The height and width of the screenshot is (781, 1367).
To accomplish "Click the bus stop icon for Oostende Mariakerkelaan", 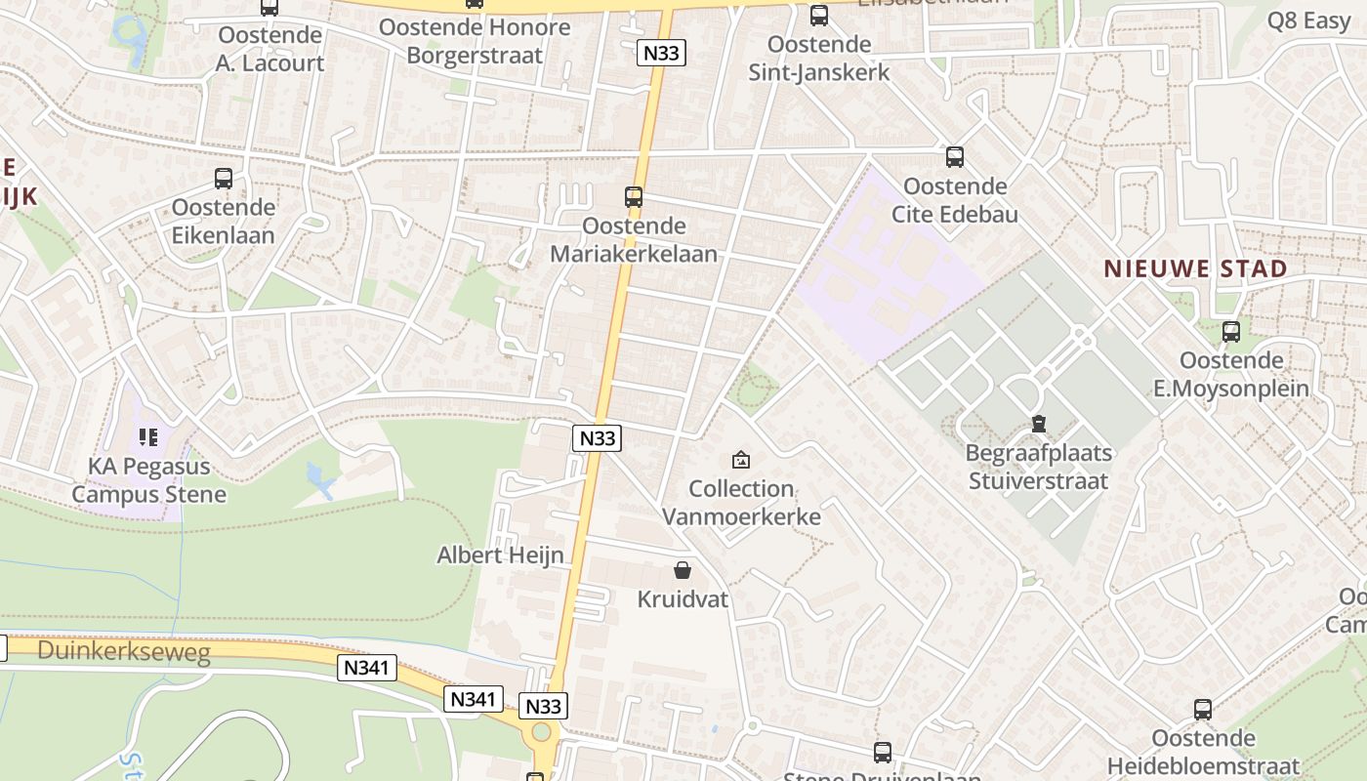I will tap(634, 197).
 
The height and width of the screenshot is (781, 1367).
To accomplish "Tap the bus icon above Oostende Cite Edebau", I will tap(955, 157).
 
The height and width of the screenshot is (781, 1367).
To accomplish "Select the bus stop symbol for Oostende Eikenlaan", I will tap(224, 179).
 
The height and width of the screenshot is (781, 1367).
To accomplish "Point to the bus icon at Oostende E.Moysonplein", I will tap(1231, 332).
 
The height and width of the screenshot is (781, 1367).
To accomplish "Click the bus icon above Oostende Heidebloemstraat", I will tap(1203, 710).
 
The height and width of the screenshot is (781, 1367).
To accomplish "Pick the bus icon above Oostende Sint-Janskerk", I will tap(819, 16).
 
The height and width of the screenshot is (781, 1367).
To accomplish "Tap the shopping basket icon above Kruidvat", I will tap(683, 570).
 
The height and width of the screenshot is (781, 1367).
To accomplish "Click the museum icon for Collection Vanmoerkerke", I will tap(741, 460).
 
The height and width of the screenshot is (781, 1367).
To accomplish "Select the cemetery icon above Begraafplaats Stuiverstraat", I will tap(1038, 425).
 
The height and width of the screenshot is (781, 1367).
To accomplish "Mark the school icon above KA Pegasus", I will tap(148, 437).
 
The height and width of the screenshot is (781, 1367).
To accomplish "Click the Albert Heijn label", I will tap(500, 555).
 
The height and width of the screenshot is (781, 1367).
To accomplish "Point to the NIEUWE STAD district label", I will tap(1195, 268).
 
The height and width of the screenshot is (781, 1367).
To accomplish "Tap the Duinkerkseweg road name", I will tap(123, 652).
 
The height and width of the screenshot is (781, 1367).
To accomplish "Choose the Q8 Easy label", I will tap(1308, 21).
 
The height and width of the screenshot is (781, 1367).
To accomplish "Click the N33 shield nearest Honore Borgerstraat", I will tap(661, 53).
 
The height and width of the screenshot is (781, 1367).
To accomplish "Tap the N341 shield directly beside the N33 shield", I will tap(475, 699).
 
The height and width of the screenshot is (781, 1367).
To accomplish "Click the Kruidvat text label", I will tap(683, 599).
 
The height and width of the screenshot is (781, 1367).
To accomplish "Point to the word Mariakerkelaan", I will tap(634, 254).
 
